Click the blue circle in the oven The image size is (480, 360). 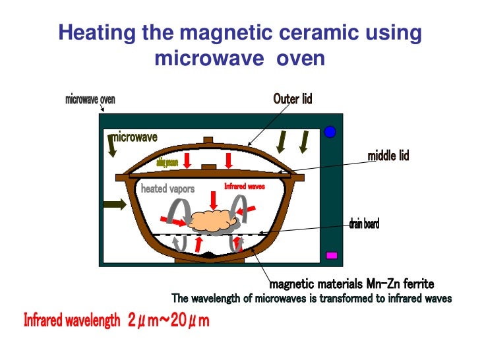point(330,132)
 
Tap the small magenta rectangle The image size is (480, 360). point(332,255)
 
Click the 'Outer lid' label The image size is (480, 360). point(292,100)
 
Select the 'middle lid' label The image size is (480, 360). point(388,156)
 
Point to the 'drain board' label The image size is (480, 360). point(365,224)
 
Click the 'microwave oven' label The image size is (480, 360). point(90,100)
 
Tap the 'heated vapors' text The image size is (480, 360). point(168,189)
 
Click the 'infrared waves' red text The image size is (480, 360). point(245,187)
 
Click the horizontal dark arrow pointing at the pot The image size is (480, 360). point(114,205)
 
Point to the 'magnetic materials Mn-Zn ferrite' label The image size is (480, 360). point(352,285)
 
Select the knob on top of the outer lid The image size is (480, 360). point(208,140)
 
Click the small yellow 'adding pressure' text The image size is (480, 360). point(167,163)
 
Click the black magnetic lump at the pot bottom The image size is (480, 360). point(208,254)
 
